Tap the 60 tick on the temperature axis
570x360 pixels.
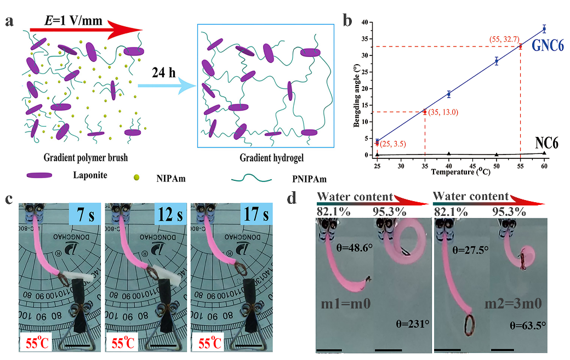(x=544, y=165)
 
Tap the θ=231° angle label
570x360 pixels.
(x=411, y=324)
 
